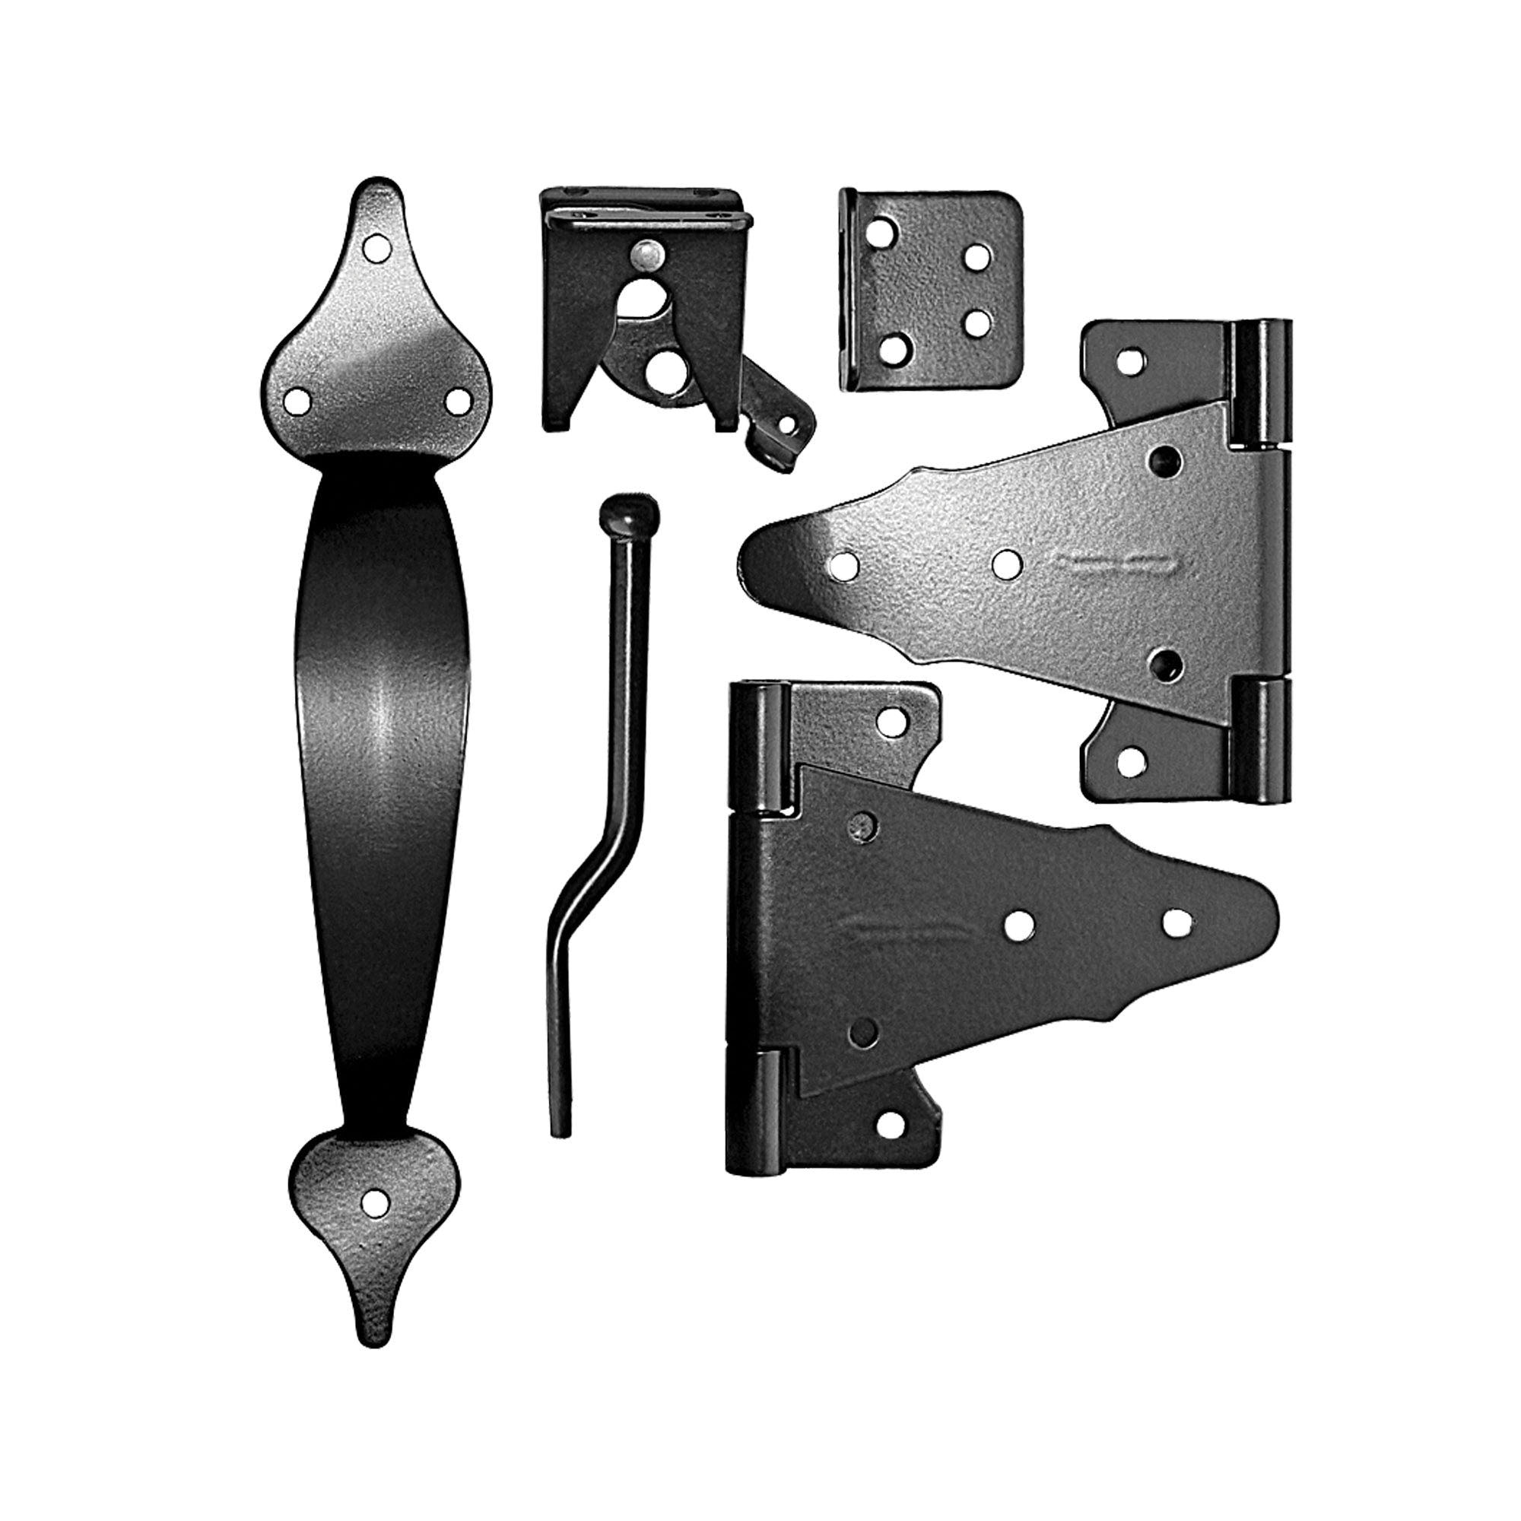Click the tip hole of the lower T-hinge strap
point(1176,922)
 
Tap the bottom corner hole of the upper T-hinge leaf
point(1132,760)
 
